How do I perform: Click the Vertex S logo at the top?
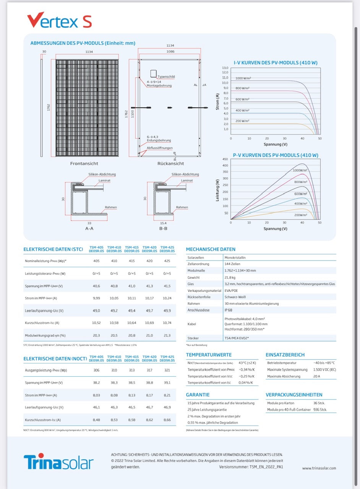[x=59, y=20]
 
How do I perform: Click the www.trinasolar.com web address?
[x=319, y=468]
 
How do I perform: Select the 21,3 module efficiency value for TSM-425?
[x=167, y=335]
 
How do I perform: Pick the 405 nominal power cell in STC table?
[x=96, y=261]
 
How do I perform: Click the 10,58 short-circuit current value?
[x=114, y=323]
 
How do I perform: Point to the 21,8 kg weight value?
[x=230, y=277]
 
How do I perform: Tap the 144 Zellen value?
[x=233, y=264]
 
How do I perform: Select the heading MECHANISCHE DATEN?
[x=211, y=249]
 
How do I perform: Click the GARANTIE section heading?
[x=198, y=395]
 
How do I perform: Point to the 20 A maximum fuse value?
[x=317, y=376]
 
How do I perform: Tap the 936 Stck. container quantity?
[x=320, y=410]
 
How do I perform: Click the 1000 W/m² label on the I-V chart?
[x=243, y=78]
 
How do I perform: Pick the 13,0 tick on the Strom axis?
[x=225, y=68]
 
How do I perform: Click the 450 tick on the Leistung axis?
[x=225, y=159]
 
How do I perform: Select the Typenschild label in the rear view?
[x=166, y=77]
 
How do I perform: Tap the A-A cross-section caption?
[x=89, y=228]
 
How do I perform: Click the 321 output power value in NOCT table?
[x=167, y=370]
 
